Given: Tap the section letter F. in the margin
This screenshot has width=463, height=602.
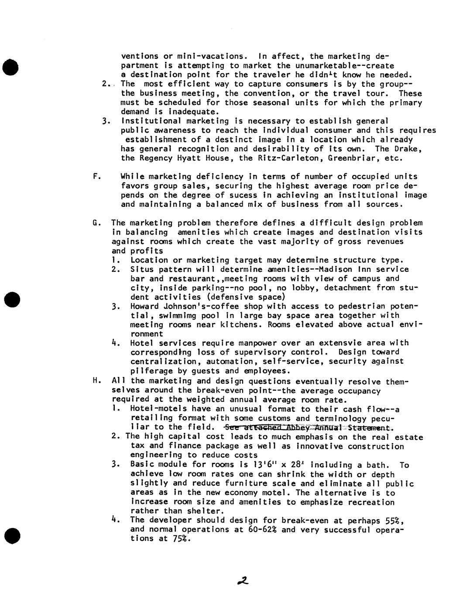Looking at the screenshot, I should coord(97,177).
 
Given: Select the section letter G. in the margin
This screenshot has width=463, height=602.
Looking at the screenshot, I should coord(96,223).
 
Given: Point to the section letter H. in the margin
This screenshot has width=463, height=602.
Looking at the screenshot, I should coord(96,381).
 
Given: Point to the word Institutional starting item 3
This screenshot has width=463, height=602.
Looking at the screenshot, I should coord(147,121).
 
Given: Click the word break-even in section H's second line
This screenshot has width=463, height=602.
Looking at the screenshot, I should coord(217,390).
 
